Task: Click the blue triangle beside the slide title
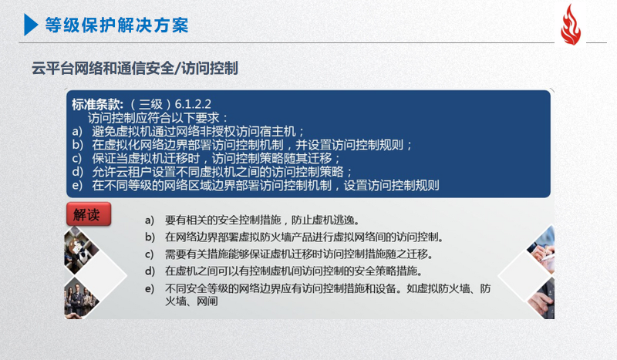[31, 25]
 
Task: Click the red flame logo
[571, 25]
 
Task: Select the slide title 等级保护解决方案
[117, 25]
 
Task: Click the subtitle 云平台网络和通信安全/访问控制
[134, 68]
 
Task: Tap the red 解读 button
[89, 214]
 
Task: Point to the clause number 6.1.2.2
[193, 104]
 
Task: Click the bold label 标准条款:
[98, 104]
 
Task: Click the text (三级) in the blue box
[150, 104]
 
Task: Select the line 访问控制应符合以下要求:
[157, 118]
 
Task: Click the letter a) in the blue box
[77, 131]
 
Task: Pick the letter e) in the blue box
[77, 185]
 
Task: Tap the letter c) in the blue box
[76, 158]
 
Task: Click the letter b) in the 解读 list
[150, 237]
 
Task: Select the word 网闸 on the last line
[207, 301]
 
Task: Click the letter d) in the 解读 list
[150, 271]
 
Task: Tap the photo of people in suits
[81, 298]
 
